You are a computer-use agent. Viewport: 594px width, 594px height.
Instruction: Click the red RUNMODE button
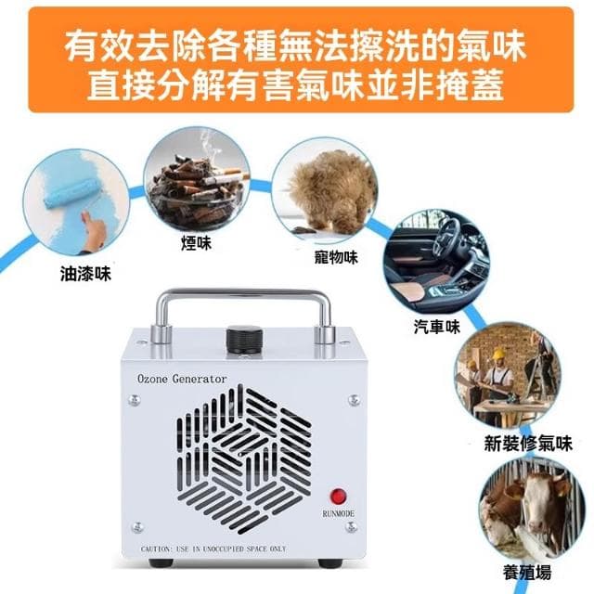click(x=340, y=497)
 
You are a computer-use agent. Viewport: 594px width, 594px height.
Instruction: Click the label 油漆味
click(x=84, y=275)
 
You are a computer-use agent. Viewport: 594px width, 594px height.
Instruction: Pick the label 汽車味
click(x=436, y=327)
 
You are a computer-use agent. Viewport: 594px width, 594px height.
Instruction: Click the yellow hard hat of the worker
click(x=497, y=354)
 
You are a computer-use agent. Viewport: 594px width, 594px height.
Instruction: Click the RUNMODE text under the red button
click(x=339, y=512)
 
